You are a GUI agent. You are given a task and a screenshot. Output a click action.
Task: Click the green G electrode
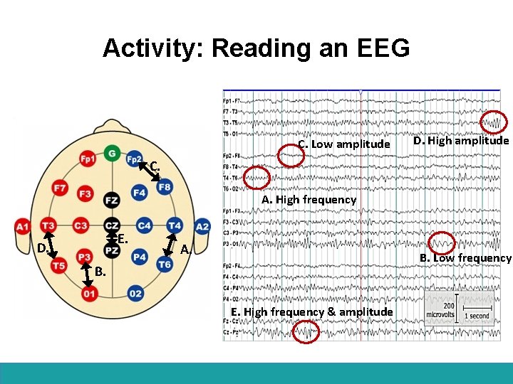click(x=111, y=153)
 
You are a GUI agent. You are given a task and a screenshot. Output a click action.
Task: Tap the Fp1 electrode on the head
click(x=88, y=159)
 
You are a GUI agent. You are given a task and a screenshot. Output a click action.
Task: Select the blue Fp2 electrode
click(x=134, y=159)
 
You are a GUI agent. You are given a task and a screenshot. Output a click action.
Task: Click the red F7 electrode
click(x=60, y=188)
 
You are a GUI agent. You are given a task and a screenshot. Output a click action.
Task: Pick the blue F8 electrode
click(x=165, y=188)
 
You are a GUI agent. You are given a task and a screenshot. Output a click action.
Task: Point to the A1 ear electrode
click(x=22, y=226)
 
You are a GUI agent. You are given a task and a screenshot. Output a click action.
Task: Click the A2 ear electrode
click(x=202, y=226)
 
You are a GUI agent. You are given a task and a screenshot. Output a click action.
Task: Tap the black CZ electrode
click(x=112, y=225)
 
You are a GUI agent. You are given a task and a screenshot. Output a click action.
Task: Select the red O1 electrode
click(x=89, y=293)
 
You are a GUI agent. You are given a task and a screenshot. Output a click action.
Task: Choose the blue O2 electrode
click(x=135, y=293)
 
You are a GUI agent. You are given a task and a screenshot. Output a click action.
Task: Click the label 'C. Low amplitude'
click(x=344, y=144)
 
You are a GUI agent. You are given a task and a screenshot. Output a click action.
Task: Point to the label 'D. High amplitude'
click(x=461, y=141)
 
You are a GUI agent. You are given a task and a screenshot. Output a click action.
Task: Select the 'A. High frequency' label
click(x=309, y=200)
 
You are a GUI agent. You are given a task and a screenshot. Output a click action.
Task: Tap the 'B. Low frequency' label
click(x=465, y=257)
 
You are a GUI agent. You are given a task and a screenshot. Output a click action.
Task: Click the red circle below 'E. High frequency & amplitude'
click(x=306, y=331)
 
